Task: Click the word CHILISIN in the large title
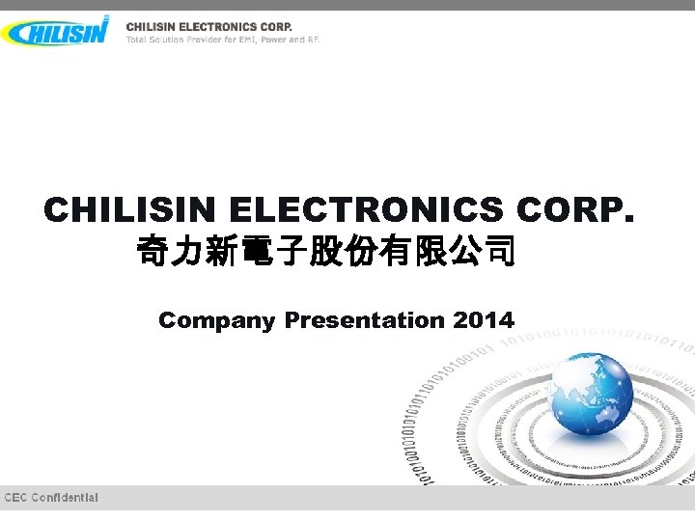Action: [x=129, y=210]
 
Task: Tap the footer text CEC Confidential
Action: [x=51, y=498]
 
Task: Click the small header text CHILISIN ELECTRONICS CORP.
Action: [x=208, y=26]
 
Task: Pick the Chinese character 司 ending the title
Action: [x=498, y=256]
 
